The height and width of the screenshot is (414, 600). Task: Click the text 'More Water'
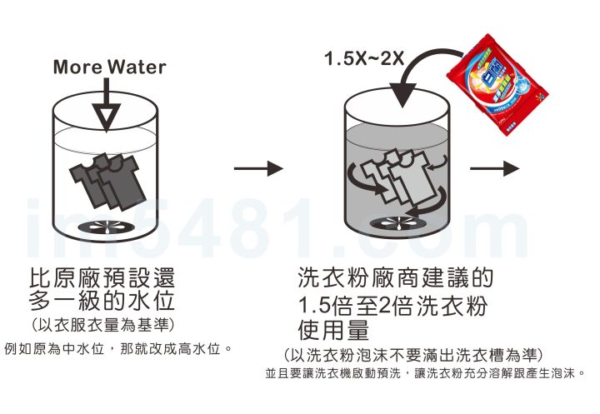click(109, 67)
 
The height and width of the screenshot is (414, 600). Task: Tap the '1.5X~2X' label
click(364, 58)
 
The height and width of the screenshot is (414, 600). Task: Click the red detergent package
click(497, 83)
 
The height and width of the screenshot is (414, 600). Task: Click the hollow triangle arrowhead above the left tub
click(106, 117)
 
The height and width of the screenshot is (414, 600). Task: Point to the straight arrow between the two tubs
click(258, 168)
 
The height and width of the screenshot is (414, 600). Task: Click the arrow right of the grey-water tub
click(495, 168)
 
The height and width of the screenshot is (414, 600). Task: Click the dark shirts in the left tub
click(107, 182)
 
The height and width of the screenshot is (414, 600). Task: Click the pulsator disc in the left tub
click(106, 227)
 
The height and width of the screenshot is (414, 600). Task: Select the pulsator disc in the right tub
click(398, 222)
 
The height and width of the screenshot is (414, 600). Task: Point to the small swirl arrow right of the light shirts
click(437, 162)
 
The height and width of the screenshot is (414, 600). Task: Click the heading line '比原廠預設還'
click(102, 277)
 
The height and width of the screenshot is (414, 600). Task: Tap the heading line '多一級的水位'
click(102, 301)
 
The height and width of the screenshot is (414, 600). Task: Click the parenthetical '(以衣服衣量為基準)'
click(102, 325)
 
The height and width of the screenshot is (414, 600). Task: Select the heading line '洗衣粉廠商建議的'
click(395, 277)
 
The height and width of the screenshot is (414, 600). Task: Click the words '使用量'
click(333, 330)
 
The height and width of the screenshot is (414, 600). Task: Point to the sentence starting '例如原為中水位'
click(118, 349)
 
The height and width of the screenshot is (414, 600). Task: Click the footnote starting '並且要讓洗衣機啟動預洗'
click(425, 372)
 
